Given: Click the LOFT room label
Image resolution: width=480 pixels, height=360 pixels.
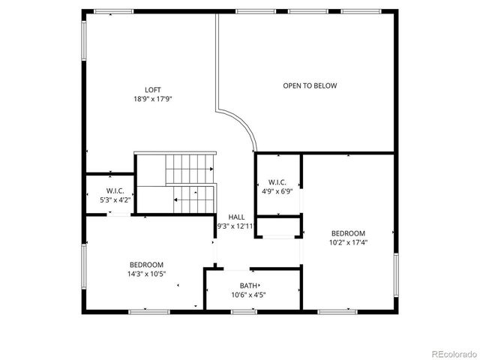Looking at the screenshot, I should [153, 89].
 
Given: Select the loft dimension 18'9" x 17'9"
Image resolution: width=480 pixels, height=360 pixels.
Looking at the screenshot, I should [153, 98].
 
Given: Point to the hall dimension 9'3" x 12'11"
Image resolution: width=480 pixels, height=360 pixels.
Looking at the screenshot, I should [235, 226].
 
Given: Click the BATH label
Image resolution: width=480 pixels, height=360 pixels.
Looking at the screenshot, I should [249, 286].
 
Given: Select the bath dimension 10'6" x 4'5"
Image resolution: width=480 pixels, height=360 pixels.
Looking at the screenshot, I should [248, 295].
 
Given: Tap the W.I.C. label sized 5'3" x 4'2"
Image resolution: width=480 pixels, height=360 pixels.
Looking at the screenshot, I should [115, 191].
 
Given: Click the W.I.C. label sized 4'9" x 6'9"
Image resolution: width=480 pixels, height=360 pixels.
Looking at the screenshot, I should [277, 182].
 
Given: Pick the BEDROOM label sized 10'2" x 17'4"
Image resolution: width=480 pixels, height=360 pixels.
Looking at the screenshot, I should [349, 233].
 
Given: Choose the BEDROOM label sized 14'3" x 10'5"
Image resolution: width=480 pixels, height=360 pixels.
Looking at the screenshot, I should [146, 264].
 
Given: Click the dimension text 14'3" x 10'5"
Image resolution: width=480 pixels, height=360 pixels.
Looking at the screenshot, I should [146, 273].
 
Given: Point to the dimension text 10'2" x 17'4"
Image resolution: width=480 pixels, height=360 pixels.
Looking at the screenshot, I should [349, 242].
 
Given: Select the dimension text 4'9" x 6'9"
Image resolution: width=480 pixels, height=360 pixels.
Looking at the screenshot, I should [277, 191].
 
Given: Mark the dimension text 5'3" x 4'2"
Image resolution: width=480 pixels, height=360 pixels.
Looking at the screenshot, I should [115, 200].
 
